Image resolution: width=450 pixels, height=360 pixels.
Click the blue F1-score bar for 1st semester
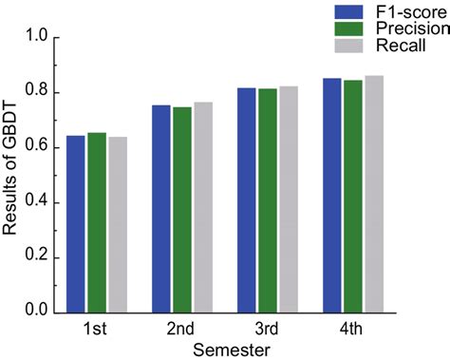point(76,224)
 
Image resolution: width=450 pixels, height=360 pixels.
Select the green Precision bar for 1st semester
point(97,222)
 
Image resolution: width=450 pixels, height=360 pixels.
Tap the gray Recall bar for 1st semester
point(118,225)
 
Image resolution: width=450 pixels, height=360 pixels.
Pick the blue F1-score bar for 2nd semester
point(161,209)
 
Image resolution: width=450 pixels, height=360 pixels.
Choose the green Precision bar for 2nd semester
point(182,210)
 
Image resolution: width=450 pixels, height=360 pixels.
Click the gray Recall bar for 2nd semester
point(203,207)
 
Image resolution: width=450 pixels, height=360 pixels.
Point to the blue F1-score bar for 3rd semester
point(247,200)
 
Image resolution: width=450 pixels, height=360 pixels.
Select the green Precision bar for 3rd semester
point(268,200)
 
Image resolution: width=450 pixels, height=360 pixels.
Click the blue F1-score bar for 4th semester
point(331,195)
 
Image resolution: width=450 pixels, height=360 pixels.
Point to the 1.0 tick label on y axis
point(35,38)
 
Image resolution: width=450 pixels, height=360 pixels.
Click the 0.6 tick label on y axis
point(35,148)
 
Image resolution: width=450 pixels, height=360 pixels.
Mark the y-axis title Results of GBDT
point(11,176)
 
